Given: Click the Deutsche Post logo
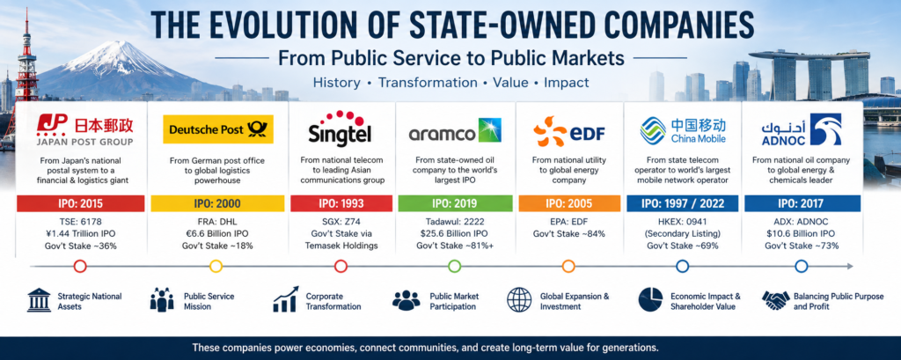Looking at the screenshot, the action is (218, 129).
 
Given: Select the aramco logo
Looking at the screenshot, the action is (455, 130).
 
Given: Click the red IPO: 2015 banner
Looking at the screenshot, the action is (80, 203).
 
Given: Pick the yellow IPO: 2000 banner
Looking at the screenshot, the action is (217, 203).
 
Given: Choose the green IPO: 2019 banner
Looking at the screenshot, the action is (454, 203).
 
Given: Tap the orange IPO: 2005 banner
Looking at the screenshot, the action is (569, 203).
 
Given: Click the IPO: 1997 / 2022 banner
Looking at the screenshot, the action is (682, 203).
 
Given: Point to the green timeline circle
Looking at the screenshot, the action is (454, 267).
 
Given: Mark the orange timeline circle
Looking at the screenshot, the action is (568, 267).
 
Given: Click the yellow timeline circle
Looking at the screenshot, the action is (216, 267).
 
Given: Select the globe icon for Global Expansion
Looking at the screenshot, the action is (519, 300).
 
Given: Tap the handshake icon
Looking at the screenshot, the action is (775, 299).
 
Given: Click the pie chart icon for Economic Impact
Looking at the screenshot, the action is (650, 300).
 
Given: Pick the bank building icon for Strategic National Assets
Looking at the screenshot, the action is (39, 300).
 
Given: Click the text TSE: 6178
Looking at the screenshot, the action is (80, 222).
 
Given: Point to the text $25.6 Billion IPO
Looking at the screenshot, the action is (454, 233).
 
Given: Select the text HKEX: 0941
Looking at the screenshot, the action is (682, 222).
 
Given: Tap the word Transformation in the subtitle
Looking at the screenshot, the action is (428, 83).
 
